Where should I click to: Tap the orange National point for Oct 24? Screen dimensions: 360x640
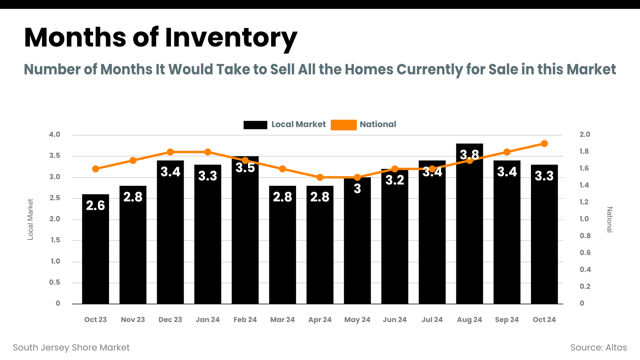(544, 144)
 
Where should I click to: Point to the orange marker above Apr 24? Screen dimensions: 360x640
(320, 177)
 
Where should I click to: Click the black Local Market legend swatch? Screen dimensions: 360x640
(255, 125)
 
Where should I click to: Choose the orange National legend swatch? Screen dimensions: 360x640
(343, 125)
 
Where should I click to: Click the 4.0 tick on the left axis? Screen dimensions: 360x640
(55, 135)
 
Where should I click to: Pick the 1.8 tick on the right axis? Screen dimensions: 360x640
(584, 151)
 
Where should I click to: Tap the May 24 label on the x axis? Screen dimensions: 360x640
(357, 320)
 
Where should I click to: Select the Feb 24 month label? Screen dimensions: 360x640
(245, 320)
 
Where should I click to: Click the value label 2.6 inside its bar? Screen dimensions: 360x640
(95, 205)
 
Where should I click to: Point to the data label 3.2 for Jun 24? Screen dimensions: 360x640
(395, 180)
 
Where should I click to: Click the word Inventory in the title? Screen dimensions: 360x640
(231, 38)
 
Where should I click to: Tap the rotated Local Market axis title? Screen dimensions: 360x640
(30, 219)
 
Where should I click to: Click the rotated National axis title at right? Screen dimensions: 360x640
(609, 220)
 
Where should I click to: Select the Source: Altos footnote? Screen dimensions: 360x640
(599, 348)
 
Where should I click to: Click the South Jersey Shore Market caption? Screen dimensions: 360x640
(71, 348)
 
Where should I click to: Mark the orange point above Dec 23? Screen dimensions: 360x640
(170, 152)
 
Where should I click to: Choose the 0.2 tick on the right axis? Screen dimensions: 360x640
(585, 287)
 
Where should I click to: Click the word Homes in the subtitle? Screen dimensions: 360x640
(369, 69)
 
